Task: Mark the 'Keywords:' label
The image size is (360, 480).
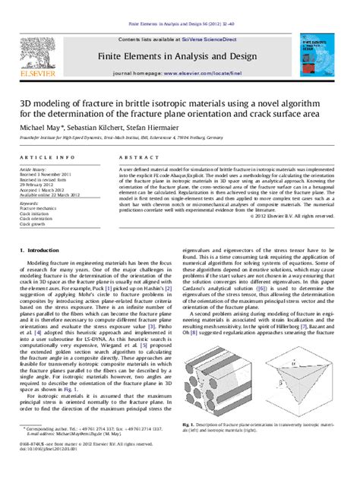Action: coord(29,203)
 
